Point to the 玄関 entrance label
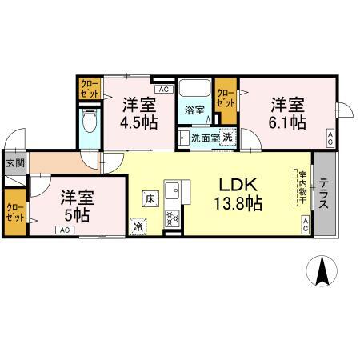coord(14,162)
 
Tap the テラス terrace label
coord(324,195)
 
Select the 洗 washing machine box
coord(227,138)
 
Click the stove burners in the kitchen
coord(172,216)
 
